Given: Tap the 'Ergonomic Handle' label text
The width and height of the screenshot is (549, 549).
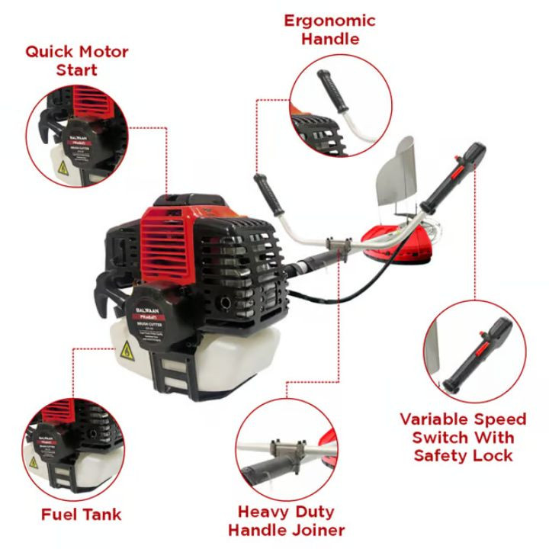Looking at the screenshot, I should [329, 29].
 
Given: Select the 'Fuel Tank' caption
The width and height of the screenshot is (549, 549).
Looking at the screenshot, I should [82, 514].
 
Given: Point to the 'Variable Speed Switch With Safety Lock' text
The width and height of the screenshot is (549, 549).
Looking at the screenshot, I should [464, 437].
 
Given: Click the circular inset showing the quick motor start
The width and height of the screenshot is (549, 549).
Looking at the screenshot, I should [75, 136].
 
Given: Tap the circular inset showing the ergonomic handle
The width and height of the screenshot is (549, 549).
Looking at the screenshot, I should [342, 105].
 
